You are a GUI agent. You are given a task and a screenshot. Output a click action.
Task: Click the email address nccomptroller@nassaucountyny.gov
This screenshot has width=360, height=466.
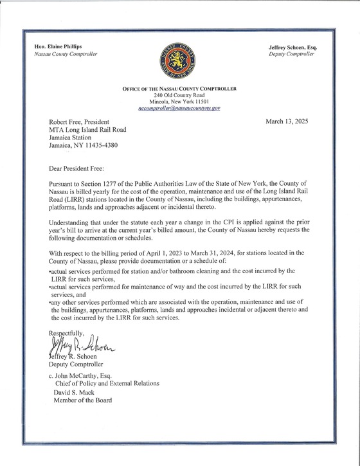pyautogui.click(x=179, y=109)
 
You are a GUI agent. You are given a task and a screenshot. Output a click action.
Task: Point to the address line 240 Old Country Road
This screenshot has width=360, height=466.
pyautogui.click(x=179, y=94)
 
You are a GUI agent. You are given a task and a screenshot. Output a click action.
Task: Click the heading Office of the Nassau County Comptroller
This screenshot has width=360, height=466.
pyautogui.click(x=179, y=87)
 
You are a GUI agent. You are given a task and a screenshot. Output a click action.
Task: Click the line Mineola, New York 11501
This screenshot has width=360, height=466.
pyautogui.click(x=179, y=102)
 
